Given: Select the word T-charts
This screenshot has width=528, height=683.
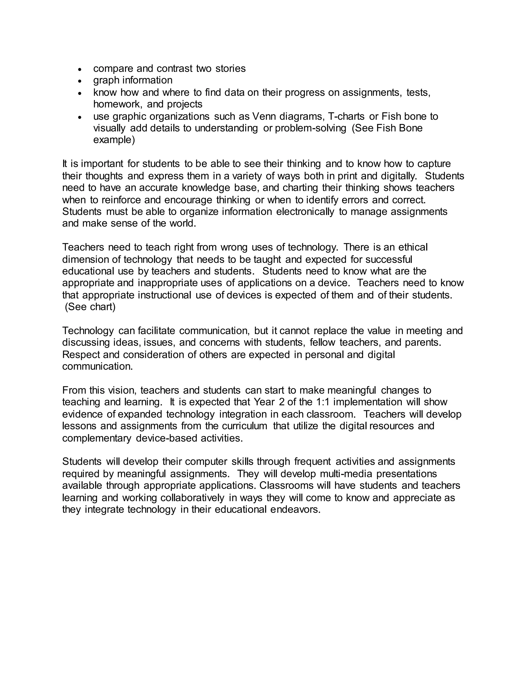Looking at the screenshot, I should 346,116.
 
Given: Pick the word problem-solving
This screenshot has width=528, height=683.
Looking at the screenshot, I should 310,128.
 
